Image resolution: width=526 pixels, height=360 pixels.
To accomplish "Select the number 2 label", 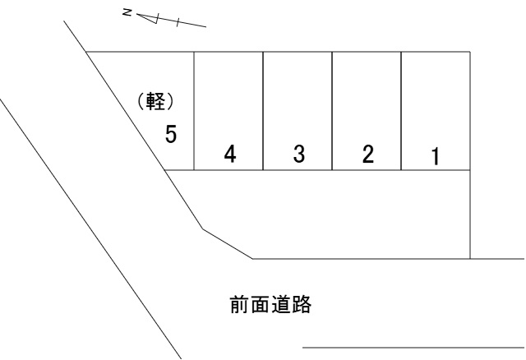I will [367, 154].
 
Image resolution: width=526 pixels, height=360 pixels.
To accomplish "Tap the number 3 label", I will [298, 154].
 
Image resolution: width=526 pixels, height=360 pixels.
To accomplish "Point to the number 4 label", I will [230, 154].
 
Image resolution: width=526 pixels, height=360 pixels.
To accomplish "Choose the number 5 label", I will [172, 134].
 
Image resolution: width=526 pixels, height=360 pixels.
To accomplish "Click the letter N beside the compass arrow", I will [125, 12].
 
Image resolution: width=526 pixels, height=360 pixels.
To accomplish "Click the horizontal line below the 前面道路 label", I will [411, 348].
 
